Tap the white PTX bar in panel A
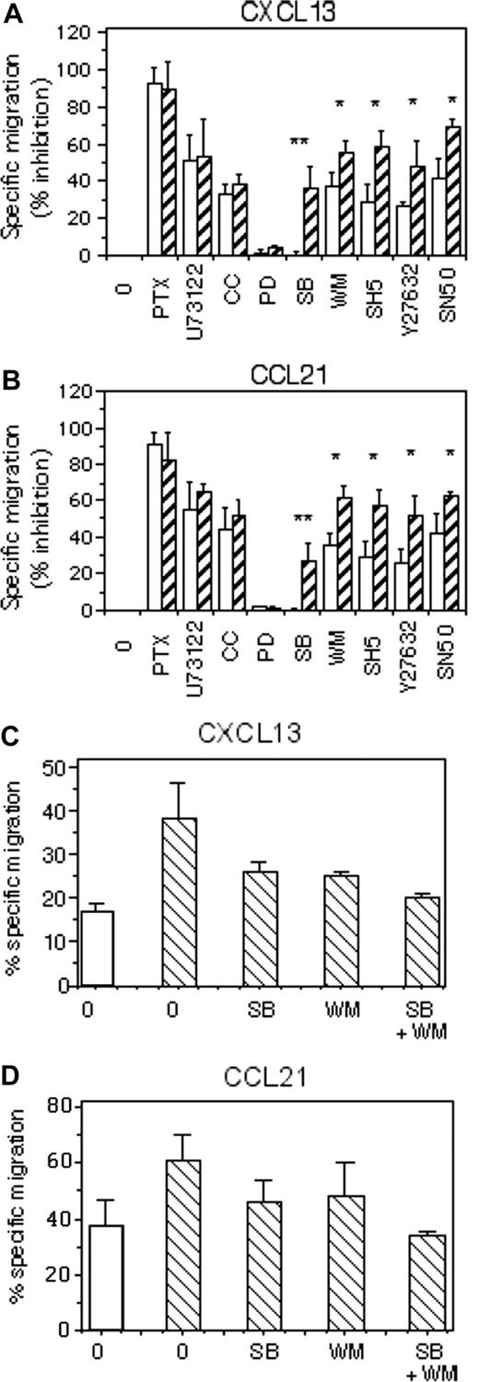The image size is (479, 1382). pos(155,170)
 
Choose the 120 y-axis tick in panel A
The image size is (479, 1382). pos(80,33)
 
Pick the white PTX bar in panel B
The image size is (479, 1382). pos(155,526)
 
